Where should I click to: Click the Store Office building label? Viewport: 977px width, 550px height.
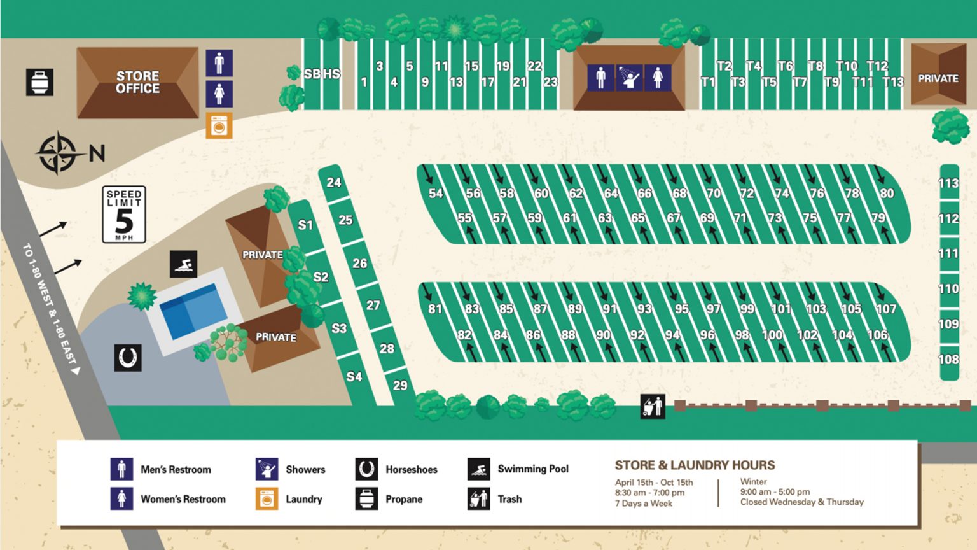point(137,82)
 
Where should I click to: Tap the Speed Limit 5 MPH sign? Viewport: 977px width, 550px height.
point(124,215)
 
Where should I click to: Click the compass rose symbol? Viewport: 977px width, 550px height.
point(58,153)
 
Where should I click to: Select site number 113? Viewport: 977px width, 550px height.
point(948,183)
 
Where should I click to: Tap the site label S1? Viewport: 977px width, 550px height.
point(305,225)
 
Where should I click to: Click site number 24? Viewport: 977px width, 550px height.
point(334,183)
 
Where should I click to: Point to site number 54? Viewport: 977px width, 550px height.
point(436,194)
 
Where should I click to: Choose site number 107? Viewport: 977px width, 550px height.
point(886,309)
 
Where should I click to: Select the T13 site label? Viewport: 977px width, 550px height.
point(893,82)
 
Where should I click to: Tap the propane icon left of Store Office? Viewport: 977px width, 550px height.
point(39,82)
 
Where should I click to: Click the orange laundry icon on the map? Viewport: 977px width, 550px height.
point(219,126)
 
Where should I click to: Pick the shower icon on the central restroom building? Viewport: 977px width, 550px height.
point(629,78)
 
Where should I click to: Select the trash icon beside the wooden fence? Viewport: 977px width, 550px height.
point(653,406)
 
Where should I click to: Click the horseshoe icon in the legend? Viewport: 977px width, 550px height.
point(366,469)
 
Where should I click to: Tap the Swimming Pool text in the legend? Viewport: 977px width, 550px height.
point(533,469)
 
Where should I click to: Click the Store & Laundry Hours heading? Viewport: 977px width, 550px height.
point(695,465)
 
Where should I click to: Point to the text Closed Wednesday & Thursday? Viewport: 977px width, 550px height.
point(801,502)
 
